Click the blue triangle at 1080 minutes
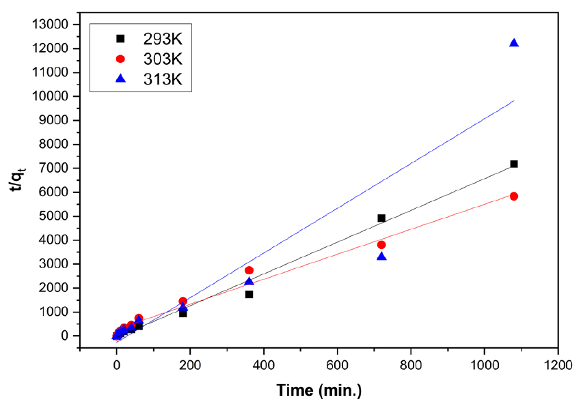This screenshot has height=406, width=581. pyautogui.click(x=514, y=43)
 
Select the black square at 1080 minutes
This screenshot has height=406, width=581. pyautogui.click(x=514, y=164)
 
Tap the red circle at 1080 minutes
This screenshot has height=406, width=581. pyautogui.click(x=514, y=197)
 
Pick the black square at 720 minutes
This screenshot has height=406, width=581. pyautogui.click(x=381, y=218)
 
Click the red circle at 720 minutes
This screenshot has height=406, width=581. pyautogui.click(x=381, y=245)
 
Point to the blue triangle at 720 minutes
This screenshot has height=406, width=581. pyautogui.click(x=381, y=257)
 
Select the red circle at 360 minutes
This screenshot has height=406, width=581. pyautogui.click(x=249, y=271)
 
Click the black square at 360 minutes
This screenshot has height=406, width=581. pyautogui.click(x=249, y=294)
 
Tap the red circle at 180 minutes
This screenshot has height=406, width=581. pyautogui.click(x=183, y=301)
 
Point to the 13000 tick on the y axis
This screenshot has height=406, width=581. pyautogui.click(x=51, y=25)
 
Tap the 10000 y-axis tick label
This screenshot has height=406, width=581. pyautogui.click(x=51, y=97)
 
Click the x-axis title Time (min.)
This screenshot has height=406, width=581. pyautogui.click(x=319, y=390)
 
